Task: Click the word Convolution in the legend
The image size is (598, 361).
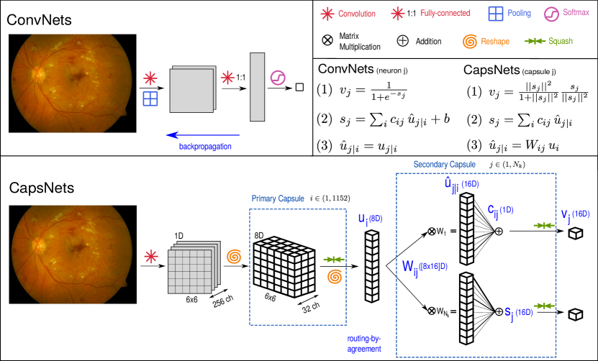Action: [357, 13]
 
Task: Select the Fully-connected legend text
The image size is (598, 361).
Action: [445, 13]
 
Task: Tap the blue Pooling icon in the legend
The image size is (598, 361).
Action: [496, 13]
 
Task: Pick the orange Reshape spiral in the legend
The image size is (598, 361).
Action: [469, 41]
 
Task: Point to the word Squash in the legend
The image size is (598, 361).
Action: [561, 41]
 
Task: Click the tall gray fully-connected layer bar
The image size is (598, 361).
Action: [258, 86]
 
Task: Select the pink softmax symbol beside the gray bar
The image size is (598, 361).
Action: [278, 78]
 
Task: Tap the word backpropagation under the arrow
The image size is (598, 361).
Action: [206, 147]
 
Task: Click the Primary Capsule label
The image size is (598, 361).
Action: [278, 198]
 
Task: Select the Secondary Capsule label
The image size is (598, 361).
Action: [444, 165]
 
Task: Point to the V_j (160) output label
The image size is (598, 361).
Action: [575, 214]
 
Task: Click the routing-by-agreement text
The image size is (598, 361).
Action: [364, 343]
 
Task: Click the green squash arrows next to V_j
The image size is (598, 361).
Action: [543, 226]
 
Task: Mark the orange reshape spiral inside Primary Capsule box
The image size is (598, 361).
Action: [335, 276]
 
